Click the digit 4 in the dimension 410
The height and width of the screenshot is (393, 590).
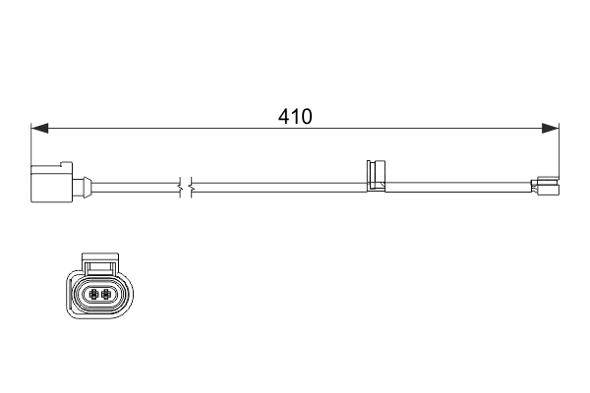pyautogui.click(x=284, y=117)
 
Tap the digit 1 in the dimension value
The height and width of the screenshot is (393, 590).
pyautogui.click(x=295, y=117)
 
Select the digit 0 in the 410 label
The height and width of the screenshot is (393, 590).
pyautogui.click(x=306, y=117)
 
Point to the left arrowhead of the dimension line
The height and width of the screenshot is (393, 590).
pyautogui.click(x=39, y=129)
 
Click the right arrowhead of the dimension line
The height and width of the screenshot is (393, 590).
pyautogui.click(x=551, y=129)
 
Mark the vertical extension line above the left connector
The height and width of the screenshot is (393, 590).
pyautogui.click(x=32, y=142)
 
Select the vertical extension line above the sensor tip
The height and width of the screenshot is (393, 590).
pyautogui.click(x=559, y=147)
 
